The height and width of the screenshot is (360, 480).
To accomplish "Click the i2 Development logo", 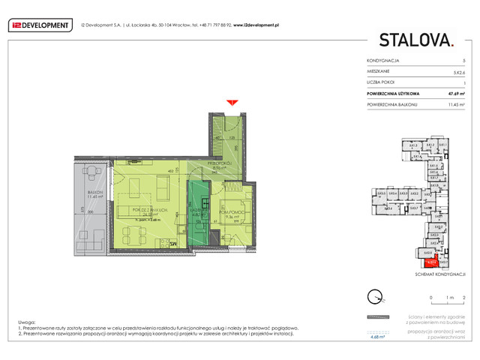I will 40,24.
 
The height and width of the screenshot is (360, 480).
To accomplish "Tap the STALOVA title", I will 415,39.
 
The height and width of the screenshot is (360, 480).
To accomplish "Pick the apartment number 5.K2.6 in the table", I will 457,70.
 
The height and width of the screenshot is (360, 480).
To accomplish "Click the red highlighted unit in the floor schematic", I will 431,262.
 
